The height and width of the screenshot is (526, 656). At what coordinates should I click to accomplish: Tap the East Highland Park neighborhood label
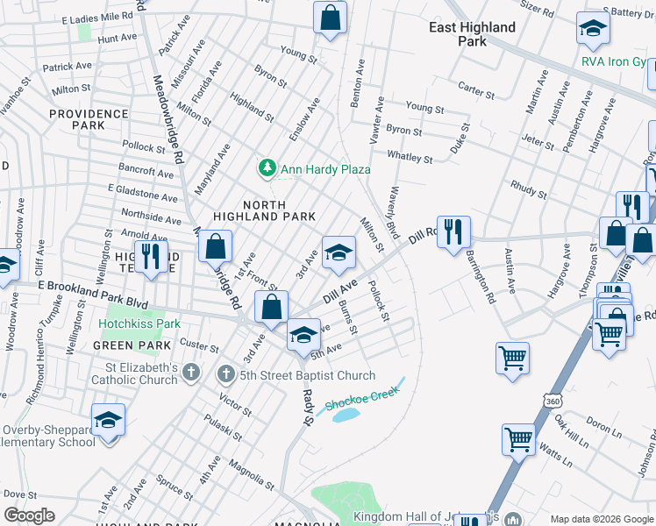click(472, 34)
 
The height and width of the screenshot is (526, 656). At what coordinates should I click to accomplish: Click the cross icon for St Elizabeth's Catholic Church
click(192, 374)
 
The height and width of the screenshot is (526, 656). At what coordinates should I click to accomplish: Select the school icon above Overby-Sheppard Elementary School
click(108, 421)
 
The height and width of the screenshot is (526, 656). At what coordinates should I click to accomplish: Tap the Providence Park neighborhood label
click(89, 120)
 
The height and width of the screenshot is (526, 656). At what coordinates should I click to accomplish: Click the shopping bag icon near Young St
click(330, 18)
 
